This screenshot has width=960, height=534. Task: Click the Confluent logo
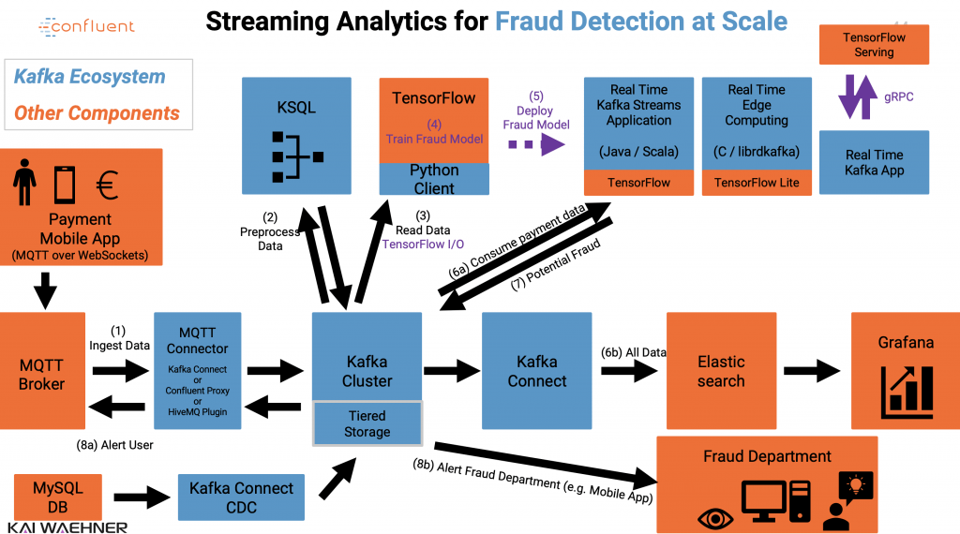[86, 27]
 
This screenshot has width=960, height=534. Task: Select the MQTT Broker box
[42, 371]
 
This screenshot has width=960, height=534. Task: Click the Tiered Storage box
[367, 423]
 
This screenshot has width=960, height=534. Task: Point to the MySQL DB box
[58, 497]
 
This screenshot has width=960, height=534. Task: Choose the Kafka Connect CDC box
[241, 497]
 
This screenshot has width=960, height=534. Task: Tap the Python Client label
[433, 179]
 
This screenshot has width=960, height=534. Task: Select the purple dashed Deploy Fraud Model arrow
[536, 144]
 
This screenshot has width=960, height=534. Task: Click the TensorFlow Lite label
[757, 183]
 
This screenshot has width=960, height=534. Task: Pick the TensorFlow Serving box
[874, 45]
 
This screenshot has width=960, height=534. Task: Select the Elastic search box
[721, 371]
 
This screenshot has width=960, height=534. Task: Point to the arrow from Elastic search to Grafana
[812, 372]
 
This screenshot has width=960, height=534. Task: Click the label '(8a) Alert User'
[114, 445]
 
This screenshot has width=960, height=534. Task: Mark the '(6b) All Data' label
[633, 352]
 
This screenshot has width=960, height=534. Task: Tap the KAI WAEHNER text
[67, 527]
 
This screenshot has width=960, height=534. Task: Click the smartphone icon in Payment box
[64, 185]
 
